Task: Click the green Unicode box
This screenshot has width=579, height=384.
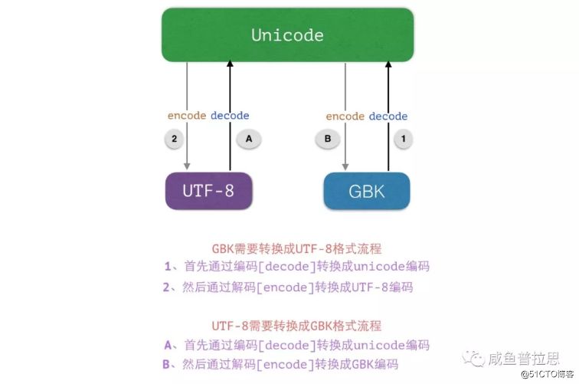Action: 287,35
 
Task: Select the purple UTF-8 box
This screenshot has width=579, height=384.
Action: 208,191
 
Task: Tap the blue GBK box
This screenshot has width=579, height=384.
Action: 367,192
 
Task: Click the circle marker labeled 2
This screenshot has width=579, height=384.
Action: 175,139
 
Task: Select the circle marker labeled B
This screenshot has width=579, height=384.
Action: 327,139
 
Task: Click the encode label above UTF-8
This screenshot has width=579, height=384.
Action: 187,116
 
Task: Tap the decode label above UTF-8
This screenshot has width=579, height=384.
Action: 230,116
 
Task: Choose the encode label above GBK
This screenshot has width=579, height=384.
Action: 345,117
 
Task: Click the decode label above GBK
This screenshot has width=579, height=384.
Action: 388,117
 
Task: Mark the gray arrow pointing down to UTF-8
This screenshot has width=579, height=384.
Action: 187,92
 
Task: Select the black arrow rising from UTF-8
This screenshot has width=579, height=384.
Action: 230,92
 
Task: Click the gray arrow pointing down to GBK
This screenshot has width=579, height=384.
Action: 345,92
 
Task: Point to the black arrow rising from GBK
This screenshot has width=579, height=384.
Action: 388,92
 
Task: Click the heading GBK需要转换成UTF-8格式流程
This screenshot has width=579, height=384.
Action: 296,248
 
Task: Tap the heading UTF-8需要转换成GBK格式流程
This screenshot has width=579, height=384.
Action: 296,326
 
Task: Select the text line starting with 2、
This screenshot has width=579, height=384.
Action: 288,287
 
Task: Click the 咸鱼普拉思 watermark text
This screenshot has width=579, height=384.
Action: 525,358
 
